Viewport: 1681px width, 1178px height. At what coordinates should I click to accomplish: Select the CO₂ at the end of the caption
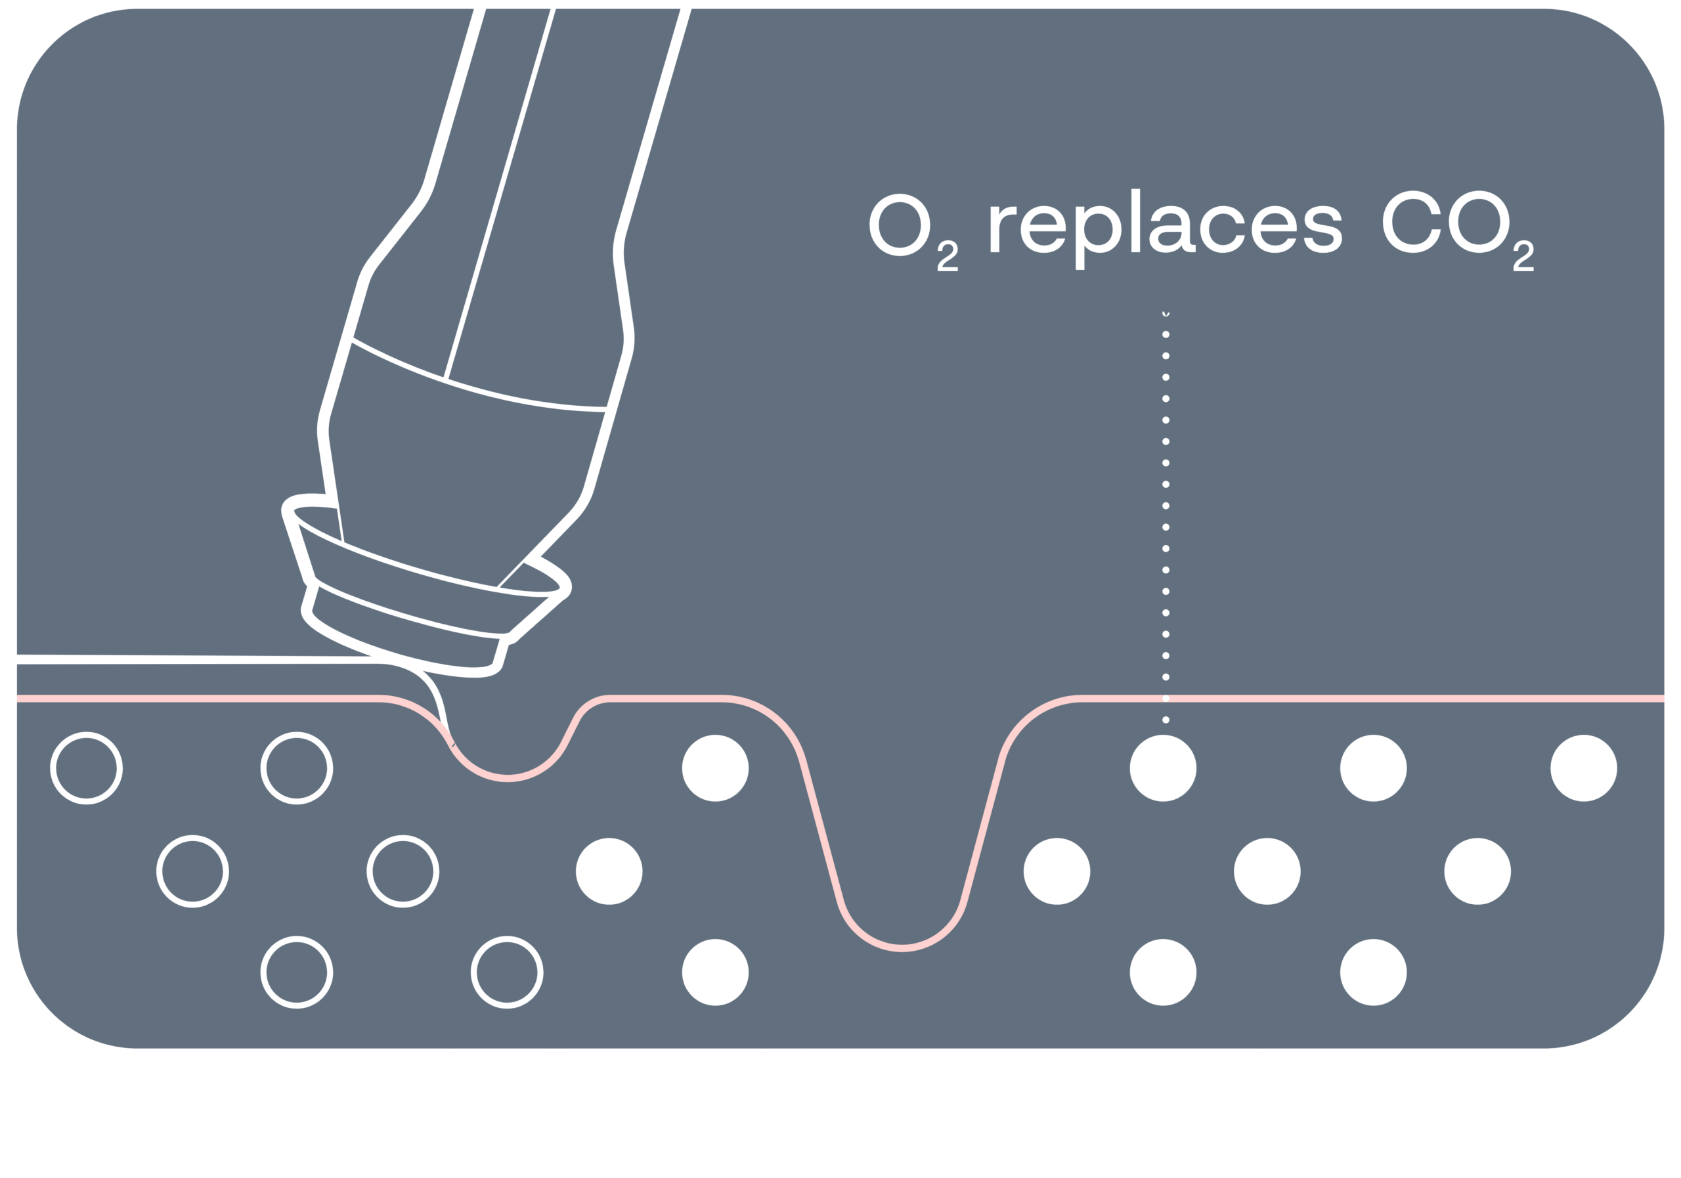(1457, 227)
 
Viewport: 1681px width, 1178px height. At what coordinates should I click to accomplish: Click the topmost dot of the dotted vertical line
(1166, 313)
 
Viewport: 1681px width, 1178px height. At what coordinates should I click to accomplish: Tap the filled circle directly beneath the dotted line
(1163, 768)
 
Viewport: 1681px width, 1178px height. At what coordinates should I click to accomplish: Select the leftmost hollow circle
(87, 768)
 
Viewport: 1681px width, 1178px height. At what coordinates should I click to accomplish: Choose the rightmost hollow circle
(507, 972)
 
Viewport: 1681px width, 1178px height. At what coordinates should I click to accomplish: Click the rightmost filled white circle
(1583, 768)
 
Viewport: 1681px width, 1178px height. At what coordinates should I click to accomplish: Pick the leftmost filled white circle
(609, 871)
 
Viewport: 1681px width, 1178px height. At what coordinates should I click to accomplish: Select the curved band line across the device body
(476, 389)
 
